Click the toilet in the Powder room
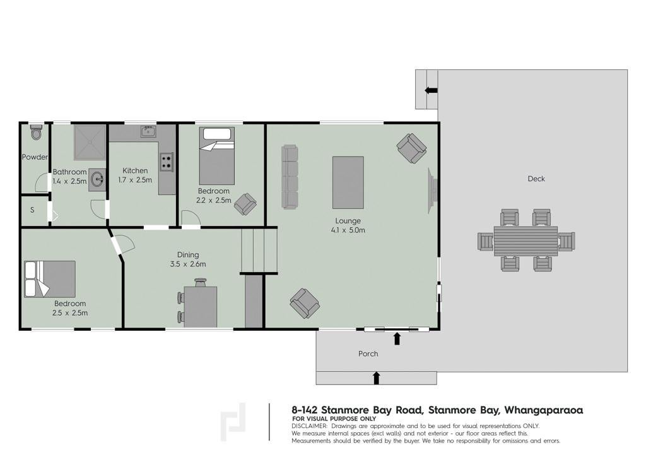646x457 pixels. [x=36, y=132]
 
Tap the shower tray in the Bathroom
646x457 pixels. [x=90, y=143]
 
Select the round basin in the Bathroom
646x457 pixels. [x=98, y=179]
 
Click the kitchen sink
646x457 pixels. [x=148, y=131]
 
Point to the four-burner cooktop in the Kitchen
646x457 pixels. [x=167, y=162]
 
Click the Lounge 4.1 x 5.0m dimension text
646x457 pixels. [x=348, y=230]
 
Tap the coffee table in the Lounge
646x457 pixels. [x=348, y=182]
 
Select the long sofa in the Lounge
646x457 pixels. [x=289, y=176]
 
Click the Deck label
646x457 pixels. [x=536, y=179]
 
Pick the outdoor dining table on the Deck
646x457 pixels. [x=526, y=240]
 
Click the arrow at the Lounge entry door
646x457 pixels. [x=397, y=338]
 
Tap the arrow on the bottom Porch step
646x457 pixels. [x=376, y=378]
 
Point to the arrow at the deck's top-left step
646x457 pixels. [x=432, y=90]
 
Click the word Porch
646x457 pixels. [x=368, y=353]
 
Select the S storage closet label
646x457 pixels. [x=32, y=210]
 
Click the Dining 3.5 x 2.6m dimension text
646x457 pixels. [x=188, y=264]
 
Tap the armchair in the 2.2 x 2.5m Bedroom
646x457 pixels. [x=245, y=204]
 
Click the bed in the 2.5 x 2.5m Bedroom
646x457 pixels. [x=50, y=279]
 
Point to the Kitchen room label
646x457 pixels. [x=135, y=170]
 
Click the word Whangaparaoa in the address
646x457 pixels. [x=543, y=410]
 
